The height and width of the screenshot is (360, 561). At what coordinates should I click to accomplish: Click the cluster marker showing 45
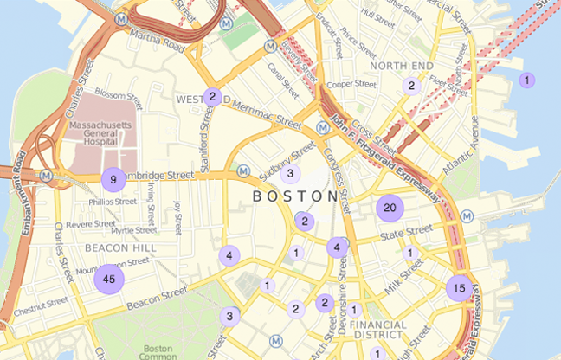[108, 279]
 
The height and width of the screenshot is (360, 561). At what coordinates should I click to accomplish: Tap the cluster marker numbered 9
[113, 180]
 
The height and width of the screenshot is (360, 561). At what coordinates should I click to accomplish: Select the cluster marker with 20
[390, 208]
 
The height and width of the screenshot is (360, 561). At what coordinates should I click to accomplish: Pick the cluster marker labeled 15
[459, 288]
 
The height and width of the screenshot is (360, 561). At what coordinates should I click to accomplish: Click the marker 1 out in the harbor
[525, 80]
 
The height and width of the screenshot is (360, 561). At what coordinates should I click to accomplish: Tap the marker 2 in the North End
[410, 86]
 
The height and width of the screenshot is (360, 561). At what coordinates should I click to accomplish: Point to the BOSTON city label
[294, 197]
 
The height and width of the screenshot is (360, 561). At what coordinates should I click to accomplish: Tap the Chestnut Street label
[41, 304]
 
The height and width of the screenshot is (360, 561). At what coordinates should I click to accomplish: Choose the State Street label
[406, 232]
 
